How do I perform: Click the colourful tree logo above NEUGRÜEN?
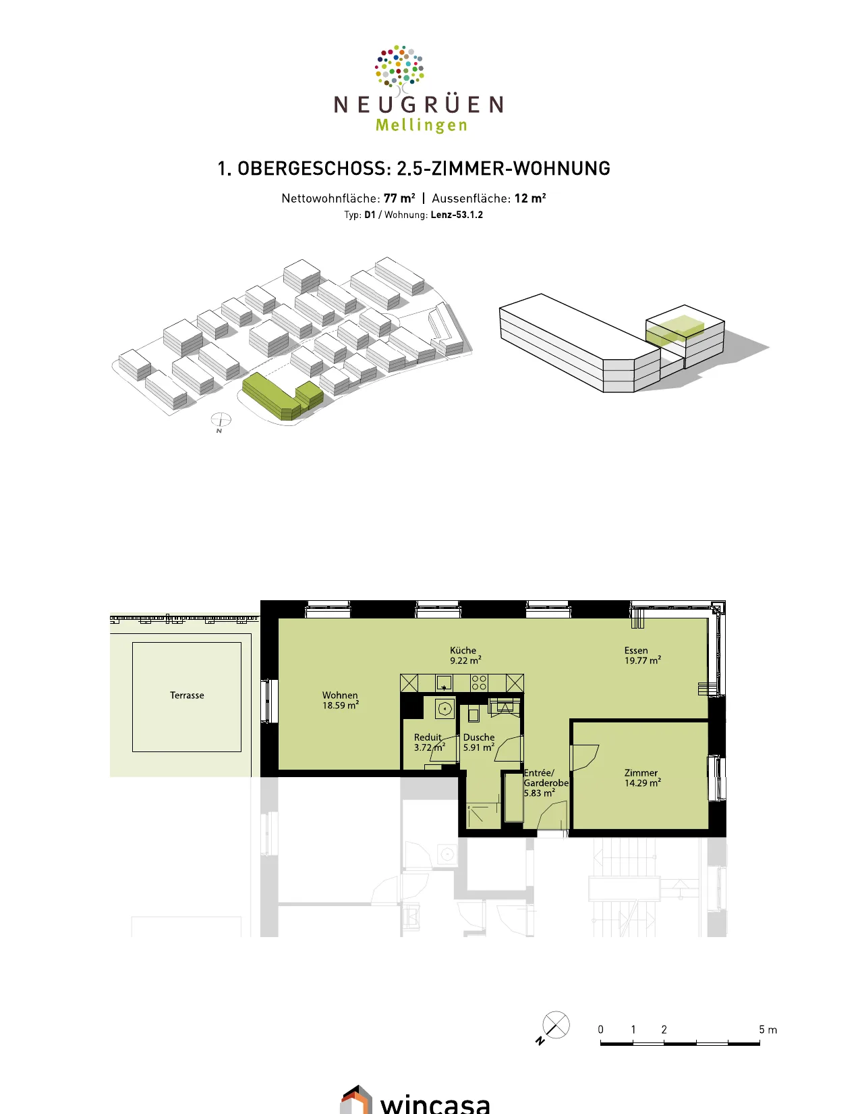tap(399, 67)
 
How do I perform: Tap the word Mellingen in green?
tap(421, 126)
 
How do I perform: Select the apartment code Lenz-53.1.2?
tap(457, 215)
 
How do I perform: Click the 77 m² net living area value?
tap(399, 198)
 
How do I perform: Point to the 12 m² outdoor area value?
tap(530, 198)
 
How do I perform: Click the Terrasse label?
tap(187, 695)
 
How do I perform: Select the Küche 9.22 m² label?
tap(465, 655)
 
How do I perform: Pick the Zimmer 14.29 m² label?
tap(642, 778)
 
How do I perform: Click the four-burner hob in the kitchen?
tap(479, 683)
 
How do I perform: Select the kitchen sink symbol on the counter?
tap(444, 683)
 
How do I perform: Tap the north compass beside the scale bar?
tap(555, 1026)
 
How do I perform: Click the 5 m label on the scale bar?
tap(768, 1030)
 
